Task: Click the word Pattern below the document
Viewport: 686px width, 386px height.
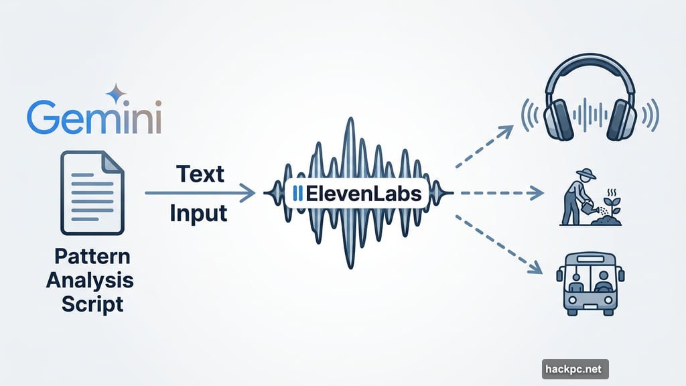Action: [x=93, y=258]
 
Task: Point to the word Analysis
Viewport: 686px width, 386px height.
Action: [x=90, y=280]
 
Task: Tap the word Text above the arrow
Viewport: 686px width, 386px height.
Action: [x=200, y=174]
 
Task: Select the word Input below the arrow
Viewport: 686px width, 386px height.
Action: [x=198, y=214]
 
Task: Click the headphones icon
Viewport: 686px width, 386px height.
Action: [x=590, y=101]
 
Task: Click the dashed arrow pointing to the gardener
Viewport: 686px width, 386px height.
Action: [x=499, y=194]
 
